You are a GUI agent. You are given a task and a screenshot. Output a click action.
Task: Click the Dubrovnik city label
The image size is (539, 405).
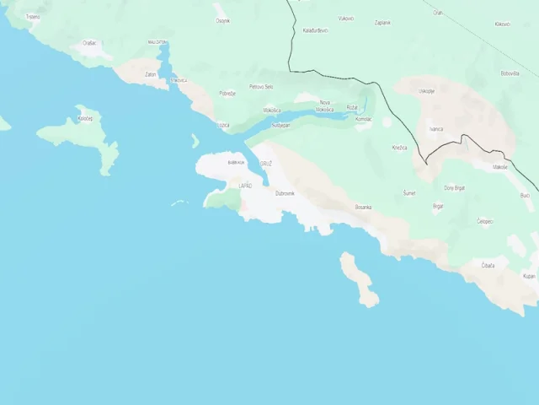pyautogui.click(x=285, y=193)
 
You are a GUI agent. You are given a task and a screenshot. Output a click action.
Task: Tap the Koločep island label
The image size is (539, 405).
pyautogui.click(x=85, y=119)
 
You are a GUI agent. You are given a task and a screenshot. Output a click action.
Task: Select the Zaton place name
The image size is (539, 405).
pyautogui.click(x=151, y=74)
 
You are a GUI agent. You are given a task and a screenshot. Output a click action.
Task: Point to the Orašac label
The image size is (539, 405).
pyautogui.click(x=89, y=42)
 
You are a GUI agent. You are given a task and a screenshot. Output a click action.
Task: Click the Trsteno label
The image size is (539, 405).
pyautogui.click(x=33, y=17)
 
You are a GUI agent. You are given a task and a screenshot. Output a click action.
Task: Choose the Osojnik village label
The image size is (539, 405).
pyautogui.click(x=222, y=20)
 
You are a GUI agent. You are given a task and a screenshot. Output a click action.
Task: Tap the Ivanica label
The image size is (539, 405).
pyautogui.click(x=435, y=129)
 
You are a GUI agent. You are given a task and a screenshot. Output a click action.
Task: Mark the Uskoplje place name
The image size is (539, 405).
pyautogui.click(x=427, y=90)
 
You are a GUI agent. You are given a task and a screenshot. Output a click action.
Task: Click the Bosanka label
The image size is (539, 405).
pyautogui.click(x=363, y=207)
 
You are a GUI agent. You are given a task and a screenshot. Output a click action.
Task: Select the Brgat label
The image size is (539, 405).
pyautogui.click(x=438, y=205)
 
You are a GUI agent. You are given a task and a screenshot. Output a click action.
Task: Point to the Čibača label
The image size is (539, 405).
pyautogui.click(x=488, y=266)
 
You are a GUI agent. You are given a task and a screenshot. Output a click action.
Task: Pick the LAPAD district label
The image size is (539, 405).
pyautogui.click(x=245, y=185)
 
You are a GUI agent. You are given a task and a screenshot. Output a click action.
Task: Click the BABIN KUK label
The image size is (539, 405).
pyautogui.click(x=236, y=162)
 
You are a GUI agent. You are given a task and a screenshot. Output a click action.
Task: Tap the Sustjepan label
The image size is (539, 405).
pyautogui.click(x=280, y=125)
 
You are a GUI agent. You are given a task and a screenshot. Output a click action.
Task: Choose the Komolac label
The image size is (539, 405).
pyautogui.click(x=363, y=119)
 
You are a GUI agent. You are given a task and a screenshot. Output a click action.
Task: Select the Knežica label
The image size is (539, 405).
pyautogui.click(x=399, y=148)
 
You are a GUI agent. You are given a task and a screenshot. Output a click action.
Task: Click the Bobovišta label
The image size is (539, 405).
pyautogui.click(x=510, y=73)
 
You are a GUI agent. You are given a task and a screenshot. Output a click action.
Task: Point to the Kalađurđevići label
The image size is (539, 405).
pyautogui.click(x=314, y=30)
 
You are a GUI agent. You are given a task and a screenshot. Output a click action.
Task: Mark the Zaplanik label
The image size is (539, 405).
pyautogui.click(x=382, y=23)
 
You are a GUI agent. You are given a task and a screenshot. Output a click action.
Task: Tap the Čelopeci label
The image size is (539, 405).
pyautogui.click(x=485, y=221)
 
